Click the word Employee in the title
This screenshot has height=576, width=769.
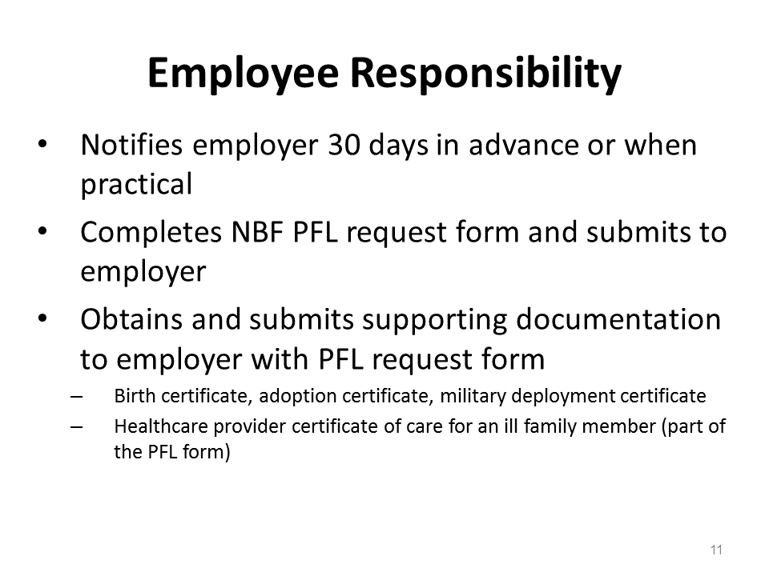click(244, 74)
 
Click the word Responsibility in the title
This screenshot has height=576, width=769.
click(486, 74)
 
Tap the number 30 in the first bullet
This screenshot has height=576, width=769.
click(344, 145)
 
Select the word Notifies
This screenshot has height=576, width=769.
click(131, 145)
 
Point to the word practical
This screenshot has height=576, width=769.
click(136, 185)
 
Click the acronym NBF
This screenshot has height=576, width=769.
click(257, 232)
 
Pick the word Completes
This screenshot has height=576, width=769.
click(151, 233)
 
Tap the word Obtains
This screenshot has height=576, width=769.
click(131, 319)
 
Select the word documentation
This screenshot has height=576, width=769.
click(618, 319)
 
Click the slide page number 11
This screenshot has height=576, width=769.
click(716, 550)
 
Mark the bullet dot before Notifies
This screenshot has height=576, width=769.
click(42, 144)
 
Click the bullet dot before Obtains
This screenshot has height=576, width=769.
click(42, 318)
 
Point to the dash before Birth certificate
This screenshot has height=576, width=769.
click(76, 396)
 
